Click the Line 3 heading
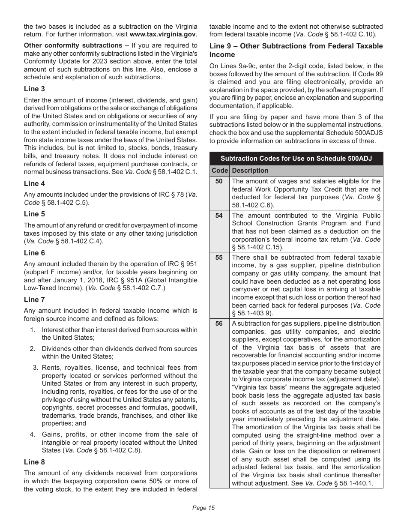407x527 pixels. (x=34, y=89)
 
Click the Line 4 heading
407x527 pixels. (x=34, y=184)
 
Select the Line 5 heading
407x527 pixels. (x=34, y=214)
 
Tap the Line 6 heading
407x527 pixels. (x=34, y=253)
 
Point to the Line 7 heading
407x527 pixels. (x=34, y=300)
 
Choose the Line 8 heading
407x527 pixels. (x=34, y=462)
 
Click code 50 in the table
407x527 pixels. (x=219, y=181)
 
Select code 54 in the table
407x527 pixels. (x=219, y=216)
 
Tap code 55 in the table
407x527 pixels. (x=219, y=258)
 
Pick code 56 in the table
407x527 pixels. (x=219, y=323)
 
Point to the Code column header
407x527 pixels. (x=219, y=171)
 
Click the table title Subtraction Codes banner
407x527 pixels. (x=296, y=159)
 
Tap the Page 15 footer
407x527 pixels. (x=203, y=509)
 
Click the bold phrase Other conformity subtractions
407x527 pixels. (x=73, y=45)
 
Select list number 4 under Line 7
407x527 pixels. (x=32, y=434)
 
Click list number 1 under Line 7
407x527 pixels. (x=32, y=330)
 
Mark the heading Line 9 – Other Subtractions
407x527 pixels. (x=296, y=50)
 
